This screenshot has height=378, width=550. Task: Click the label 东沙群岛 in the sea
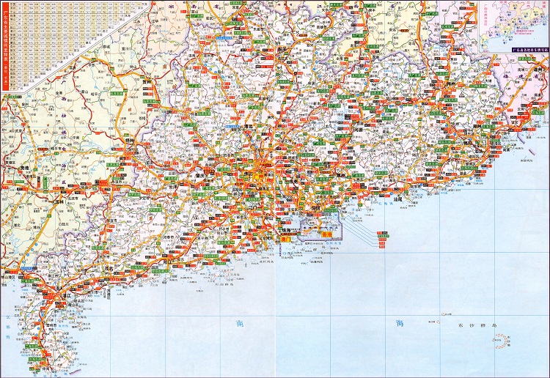coord(463,323)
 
